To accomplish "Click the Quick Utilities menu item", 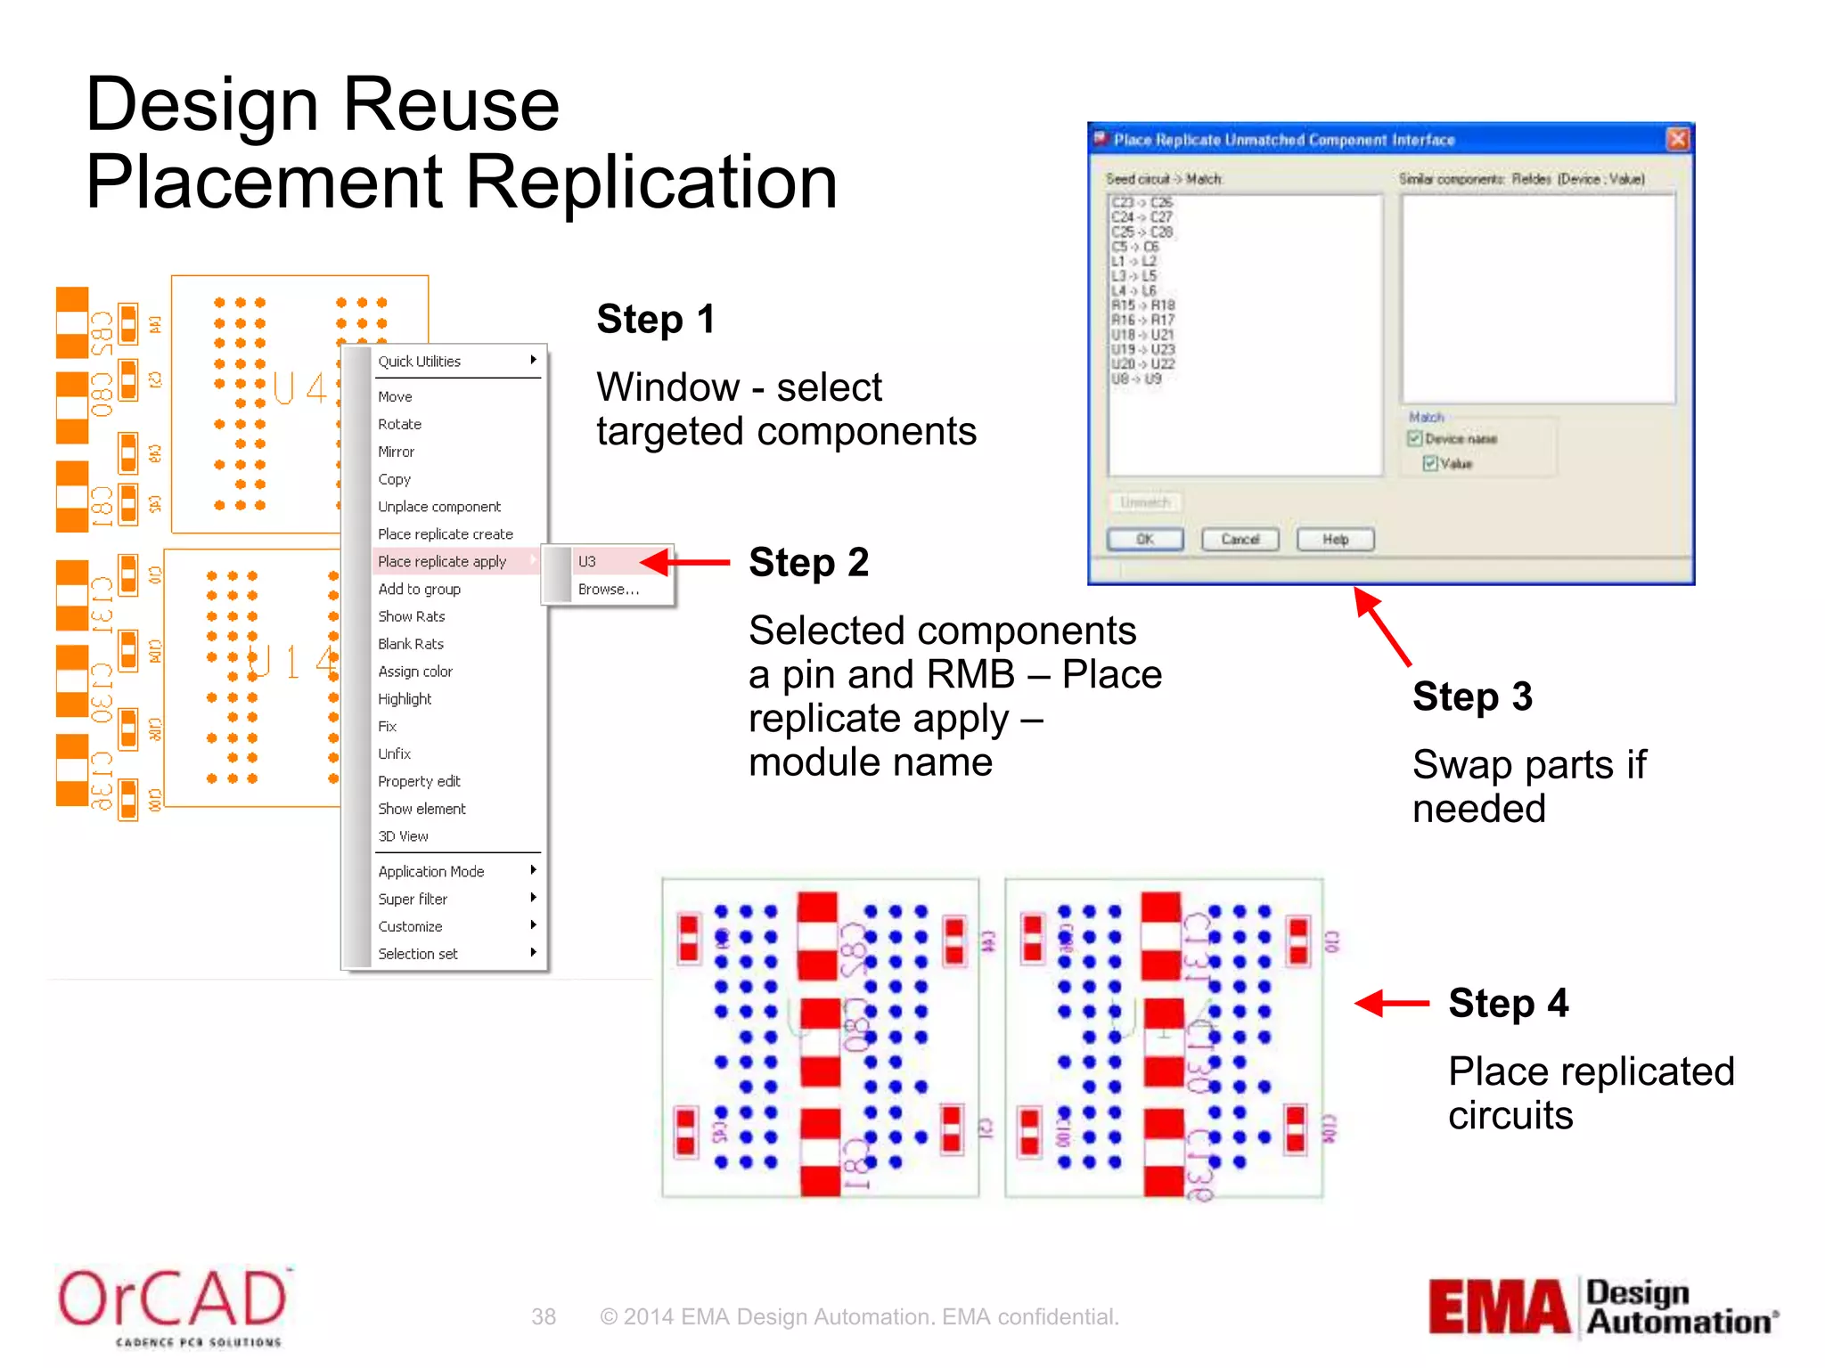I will point(420,361).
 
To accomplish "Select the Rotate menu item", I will point(399,424).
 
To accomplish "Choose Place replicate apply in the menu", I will point(442,561).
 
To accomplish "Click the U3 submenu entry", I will point(587,561).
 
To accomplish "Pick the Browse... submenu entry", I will point(608,589).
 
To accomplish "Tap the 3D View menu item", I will point(403,835).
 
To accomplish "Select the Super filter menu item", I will point(413,899).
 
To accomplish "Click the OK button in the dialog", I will point(1145,539).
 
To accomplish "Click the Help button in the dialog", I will point(1335,539).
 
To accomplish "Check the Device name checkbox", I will point(1414,438).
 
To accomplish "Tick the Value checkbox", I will point(1430,463).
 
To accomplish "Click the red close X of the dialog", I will point(1678,139).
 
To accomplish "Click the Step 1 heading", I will point(656,319).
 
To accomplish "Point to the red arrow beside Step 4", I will point(1392,1004).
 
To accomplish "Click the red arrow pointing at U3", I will point(684,562).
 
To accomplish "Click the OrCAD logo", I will point(173,1305).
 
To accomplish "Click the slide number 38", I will point(544,1316).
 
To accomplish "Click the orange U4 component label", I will point(299,388).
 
